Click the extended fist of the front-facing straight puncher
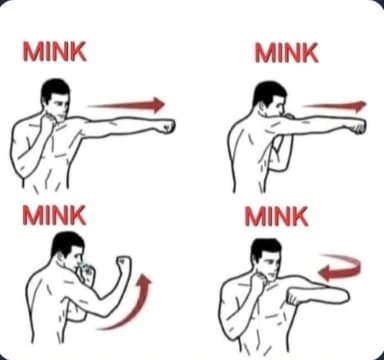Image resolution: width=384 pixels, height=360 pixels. point(167,126)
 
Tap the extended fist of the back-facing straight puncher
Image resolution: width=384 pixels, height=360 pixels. point(359,126)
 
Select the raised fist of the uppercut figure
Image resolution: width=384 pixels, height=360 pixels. point(123,263)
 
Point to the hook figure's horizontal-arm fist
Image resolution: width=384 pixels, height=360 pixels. point(293,297)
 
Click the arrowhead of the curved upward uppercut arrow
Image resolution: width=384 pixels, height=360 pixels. point(144,281)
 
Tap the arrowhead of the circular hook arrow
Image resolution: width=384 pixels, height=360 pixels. point(324,273)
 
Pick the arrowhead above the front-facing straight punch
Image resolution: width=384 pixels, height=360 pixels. point(158,104)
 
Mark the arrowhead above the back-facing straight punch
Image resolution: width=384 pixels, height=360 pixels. point(360,106)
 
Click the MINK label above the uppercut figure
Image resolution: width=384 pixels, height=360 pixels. point(54,215)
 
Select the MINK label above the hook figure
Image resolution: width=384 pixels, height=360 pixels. point(277,216)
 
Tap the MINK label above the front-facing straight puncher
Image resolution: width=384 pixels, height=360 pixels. point(55,51)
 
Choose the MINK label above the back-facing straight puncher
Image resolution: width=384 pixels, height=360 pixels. point(287,53)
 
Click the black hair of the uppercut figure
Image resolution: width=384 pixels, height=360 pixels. point(66,242)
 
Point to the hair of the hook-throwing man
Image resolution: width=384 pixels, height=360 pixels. point(264,249)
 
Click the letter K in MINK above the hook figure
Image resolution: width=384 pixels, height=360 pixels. point(299,216)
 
